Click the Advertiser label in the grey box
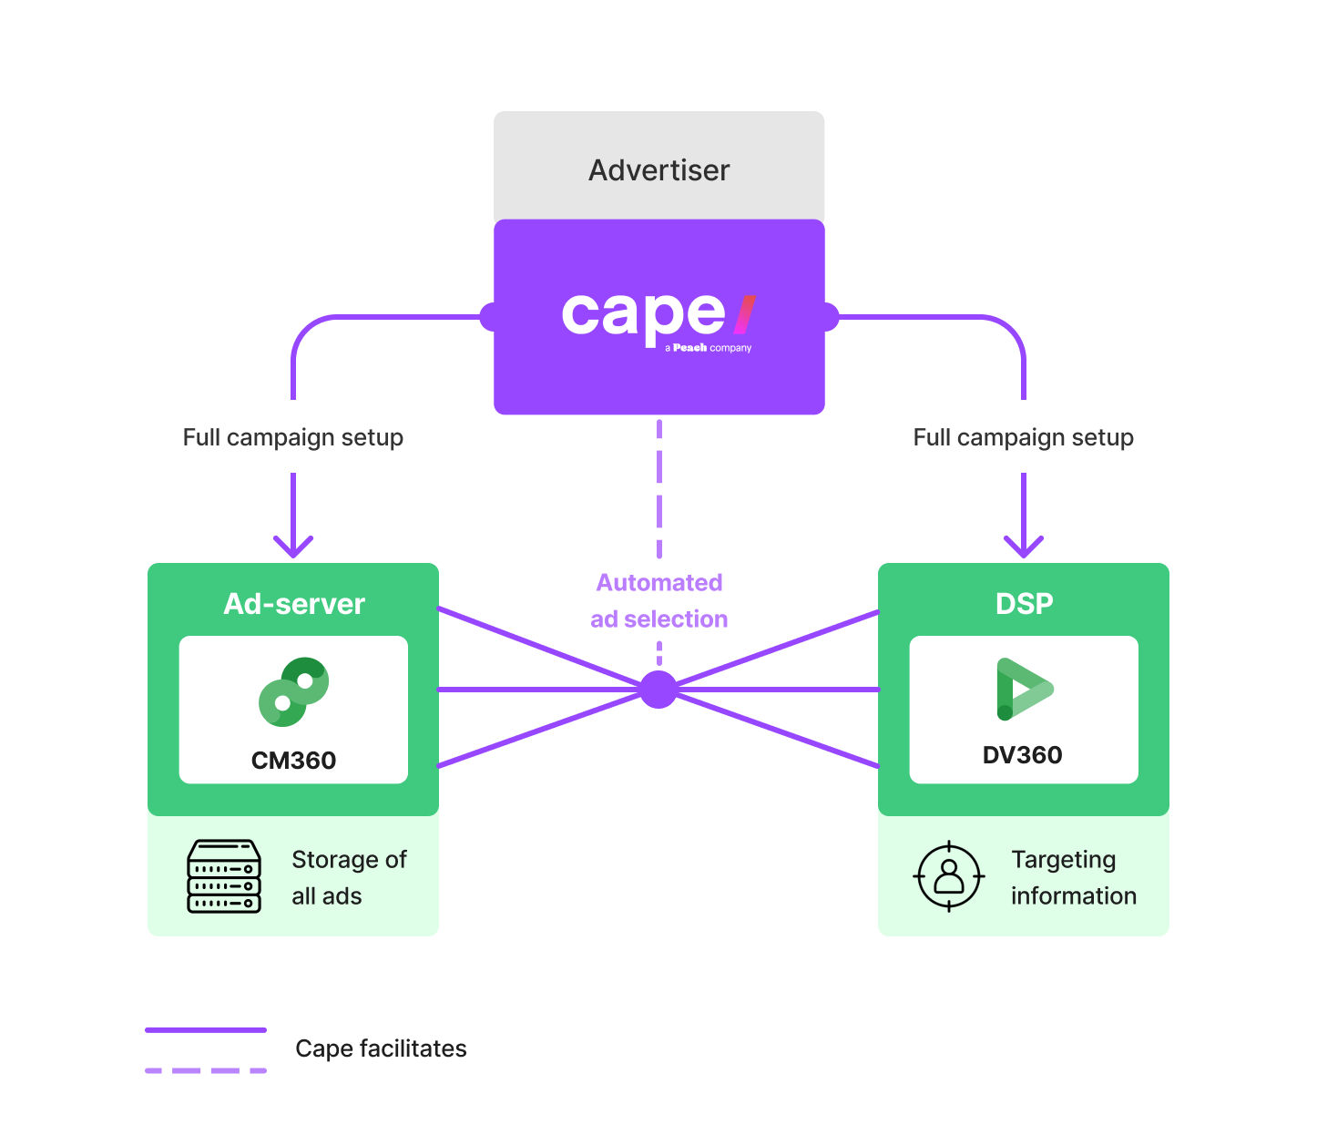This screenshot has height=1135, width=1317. pyautogui.click(x=658, y=170)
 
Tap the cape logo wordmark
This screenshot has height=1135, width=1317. pyautogui.click(x=643, y=314)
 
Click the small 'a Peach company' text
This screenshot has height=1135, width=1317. pyautogui.click(x=709, y=348)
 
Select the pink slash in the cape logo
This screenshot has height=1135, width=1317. pyautogui.click(x=745, y=314)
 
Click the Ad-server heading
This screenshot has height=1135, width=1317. pyautogui.click(x=294, y=604)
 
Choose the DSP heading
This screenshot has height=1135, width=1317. pyautogui.click(x=1024, y=604)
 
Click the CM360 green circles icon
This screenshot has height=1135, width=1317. pyautogui.click(x=293, y=692)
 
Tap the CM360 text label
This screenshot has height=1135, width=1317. pyautogui.click(x=293, y=761)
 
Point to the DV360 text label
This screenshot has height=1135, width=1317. pyautogui.click(x=1022, y=755)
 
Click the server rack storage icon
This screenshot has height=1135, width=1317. pyautogui.click(x=224, y=876)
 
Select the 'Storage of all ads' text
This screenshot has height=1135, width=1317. pyautogui.click(x=348, y=877)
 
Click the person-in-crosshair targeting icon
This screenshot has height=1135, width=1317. pyautogui.click(x=949, y=876)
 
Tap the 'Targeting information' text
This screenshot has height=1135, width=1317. pyautogui.click(x=1073, y=877)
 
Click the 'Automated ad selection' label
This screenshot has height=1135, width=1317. pyautogui.click(x=658, y=600)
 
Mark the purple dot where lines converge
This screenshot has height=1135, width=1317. pyautogui.click(x=658, y=690)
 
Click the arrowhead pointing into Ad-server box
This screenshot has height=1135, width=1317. pyautogui.click(x=293, y=547)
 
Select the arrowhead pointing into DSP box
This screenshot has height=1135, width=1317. pyautogui.click(x=1024, y=547)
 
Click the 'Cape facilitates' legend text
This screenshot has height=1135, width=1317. pyautogui.click(x=381, y=1048)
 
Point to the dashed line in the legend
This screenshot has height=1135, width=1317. pyautogui.click(x=206, y=1070)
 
